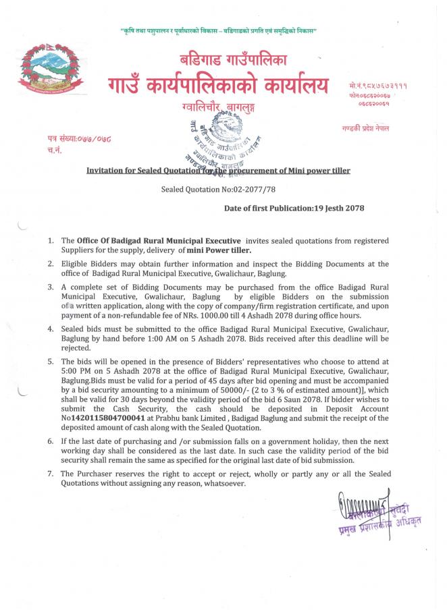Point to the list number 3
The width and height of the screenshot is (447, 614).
pyautogui.click(x=51, y=287)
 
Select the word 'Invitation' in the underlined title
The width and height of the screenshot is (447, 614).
pyautogui.click(x=105, y=171)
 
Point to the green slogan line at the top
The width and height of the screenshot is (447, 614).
pyautogui.click(x=218, y=32)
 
